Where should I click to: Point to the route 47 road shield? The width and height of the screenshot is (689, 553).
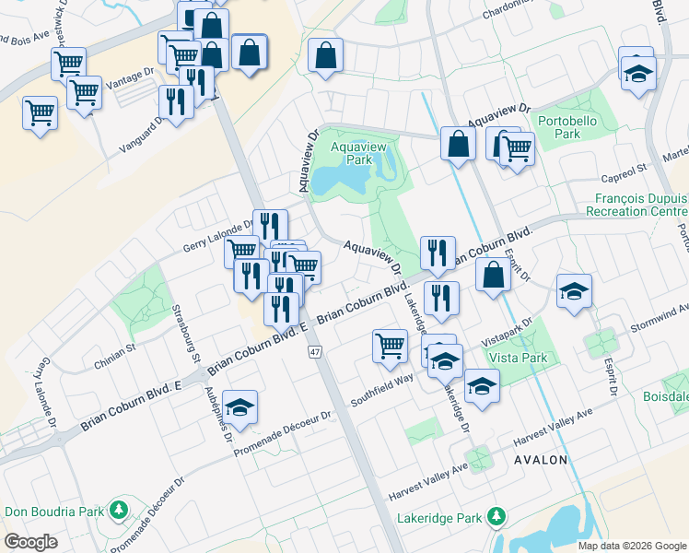tap(315, 352)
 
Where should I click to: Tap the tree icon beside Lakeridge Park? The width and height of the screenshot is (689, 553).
tap(496, 514)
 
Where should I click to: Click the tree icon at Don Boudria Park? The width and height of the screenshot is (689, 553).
tap(118, 510)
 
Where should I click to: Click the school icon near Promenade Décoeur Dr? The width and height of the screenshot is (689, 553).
tap(239, 408)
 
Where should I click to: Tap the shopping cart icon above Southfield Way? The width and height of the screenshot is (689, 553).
tap(390, 346)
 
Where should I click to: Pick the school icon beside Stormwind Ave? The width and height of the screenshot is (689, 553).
tap(574, 291)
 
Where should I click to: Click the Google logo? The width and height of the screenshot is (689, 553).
tap(30, 542)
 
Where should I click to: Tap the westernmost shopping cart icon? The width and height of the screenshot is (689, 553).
tap(40, 112)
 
